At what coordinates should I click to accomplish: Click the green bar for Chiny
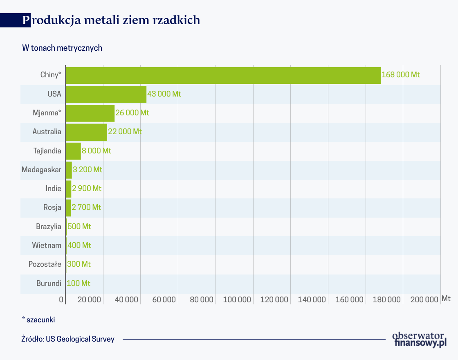[223, 75]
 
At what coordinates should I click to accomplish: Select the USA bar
[106, 94]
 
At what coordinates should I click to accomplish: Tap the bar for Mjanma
[90, 113]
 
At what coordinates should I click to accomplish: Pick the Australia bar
[86, 132]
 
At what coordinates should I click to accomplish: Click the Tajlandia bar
[73, 151]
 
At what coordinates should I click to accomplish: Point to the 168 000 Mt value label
[400, 75]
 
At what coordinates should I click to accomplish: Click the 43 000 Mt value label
[164, 94]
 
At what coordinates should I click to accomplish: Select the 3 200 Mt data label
[88, 170]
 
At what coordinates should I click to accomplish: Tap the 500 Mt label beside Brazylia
[79, 227]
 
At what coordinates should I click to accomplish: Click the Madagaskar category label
[41, 170]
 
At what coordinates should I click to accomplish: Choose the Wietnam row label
[47, 245]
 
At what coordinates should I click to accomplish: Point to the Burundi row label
[49, 283]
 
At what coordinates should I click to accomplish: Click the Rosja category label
[52, 207]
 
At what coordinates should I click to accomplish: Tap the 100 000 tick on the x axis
[237, 299]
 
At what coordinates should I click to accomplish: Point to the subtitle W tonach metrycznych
[62, 48]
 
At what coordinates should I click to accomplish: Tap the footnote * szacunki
[38, 319]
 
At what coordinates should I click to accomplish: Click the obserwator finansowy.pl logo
[419, 339]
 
